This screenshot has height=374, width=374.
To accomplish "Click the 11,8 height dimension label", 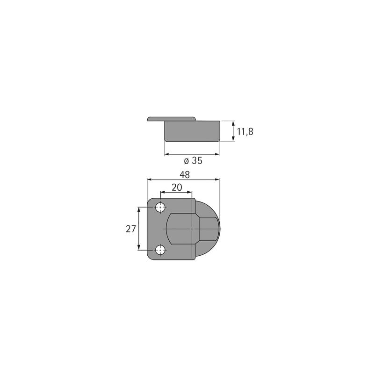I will coord(245,131).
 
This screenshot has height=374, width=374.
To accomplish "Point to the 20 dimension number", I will coord(176,187).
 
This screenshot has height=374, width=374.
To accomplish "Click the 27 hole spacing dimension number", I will coord(131,229).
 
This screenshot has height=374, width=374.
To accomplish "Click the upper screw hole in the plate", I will coord(160,207).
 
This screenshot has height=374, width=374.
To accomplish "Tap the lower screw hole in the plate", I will coord(160,250).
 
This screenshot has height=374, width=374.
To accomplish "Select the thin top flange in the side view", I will coord(171,119).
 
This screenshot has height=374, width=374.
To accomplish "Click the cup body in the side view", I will coord(192,131).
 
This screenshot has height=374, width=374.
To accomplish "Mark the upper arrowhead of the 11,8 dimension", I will coord(233,123).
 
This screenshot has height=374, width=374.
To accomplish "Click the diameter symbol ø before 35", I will coord(186,161).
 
